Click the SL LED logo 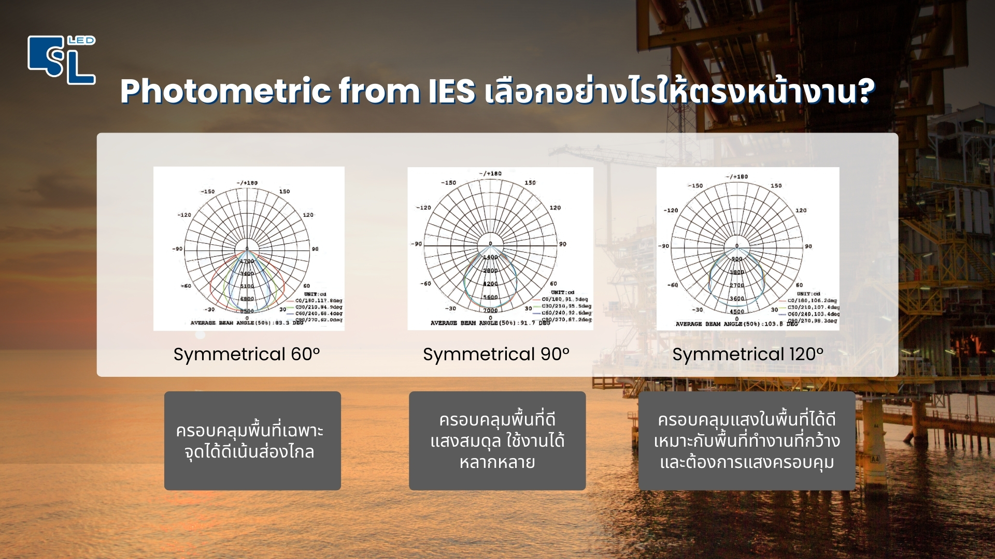pos(62,60)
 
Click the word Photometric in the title pos(225,92)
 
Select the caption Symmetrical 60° pos(247,355)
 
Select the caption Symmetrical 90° pos(496,355)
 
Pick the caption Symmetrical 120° pos(747,355)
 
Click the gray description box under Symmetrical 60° pos(252,440)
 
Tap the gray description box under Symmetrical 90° pos(497,440)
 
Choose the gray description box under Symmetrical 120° pos(746,440)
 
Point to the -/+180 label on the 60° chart pos(247,183)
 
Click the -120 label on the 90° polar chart pos(423,208)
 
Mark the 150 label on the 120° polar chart pos(776,185)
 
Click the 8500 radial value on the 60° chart pos(247,311)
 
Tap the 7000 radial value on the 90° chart pos(490,311)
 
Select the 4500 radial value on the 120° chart pos(737,312)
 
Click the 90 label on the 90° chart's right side pos(563,244)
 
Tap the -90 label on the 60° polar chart pos(177,249)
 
